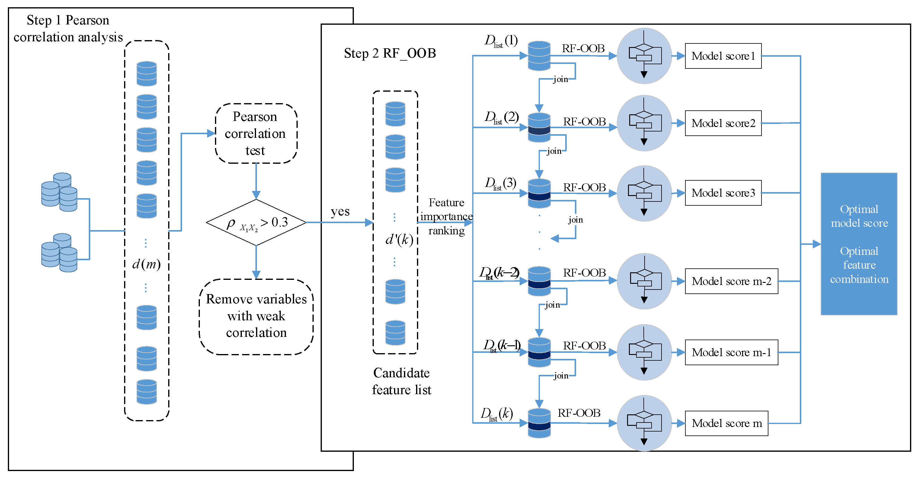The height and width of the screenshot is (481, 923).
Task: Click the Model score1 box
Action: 723,56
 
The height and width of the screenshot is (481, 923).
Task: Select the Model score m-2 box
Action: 731,281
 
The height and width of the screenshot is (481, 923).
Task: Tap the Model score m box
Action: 726,423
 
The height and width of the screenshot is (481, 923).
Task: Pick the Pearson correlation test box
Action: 256,134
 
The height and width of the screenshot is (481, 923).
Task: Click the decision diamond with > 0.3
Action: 256,223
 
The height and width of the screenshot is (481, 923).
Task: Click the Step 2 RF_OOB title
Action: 389,53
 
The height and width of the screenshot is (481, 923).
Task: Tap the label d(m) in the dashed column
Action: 146,264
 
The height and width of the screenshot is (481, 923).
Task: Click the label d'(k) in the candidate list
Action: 399,239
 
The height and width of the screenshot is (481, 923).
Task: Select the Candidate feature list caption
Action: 401,381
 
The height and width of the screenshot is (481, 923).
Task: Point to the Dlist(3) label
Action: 500,184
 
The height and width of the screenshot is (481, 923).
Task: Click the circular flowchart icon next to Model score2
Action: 644,123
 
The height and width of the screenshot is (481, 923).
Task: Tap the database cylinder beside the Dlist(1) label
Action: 539,56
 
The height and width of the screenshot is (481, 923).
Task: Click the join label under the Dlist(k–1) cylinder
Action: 561,375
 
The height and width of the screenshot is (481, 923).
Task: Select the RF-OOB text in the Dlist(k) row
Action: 579,413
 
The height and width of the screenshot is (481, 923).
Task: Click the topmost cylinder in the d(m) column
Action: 146,74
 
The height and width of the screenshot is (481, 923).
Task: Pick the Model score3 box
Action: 723,193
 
